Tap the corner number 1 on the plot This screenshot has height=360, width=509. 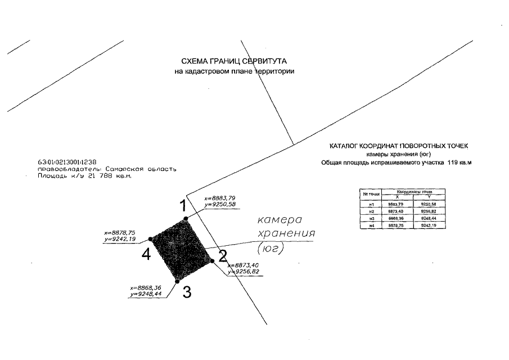pyautogui.click(x=183, y=206)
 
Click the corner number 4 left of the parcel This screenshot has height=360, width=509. pyautogui.click(x=146, y=255)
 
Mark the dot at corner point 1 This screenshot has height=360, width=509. pyautogui.click(x=186, y=219)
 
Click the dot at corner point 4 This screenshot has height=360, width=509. pyautogui.click(x=150, y=239)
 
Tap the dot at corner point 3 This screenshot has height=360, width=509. pyautogui.click(x=177, y=281)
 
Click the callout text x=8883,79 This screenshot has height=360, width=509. pyautogui.click(x=220, y=198)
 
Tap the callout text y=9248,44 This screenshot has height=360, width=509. pyautogui.click(x=146, y=294)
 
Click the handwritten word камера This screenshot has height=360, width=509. pyautogui.click(x=280, y=219)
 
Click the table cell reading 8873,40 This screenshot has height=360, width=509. pyautogui.click(x=397, y=211)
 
